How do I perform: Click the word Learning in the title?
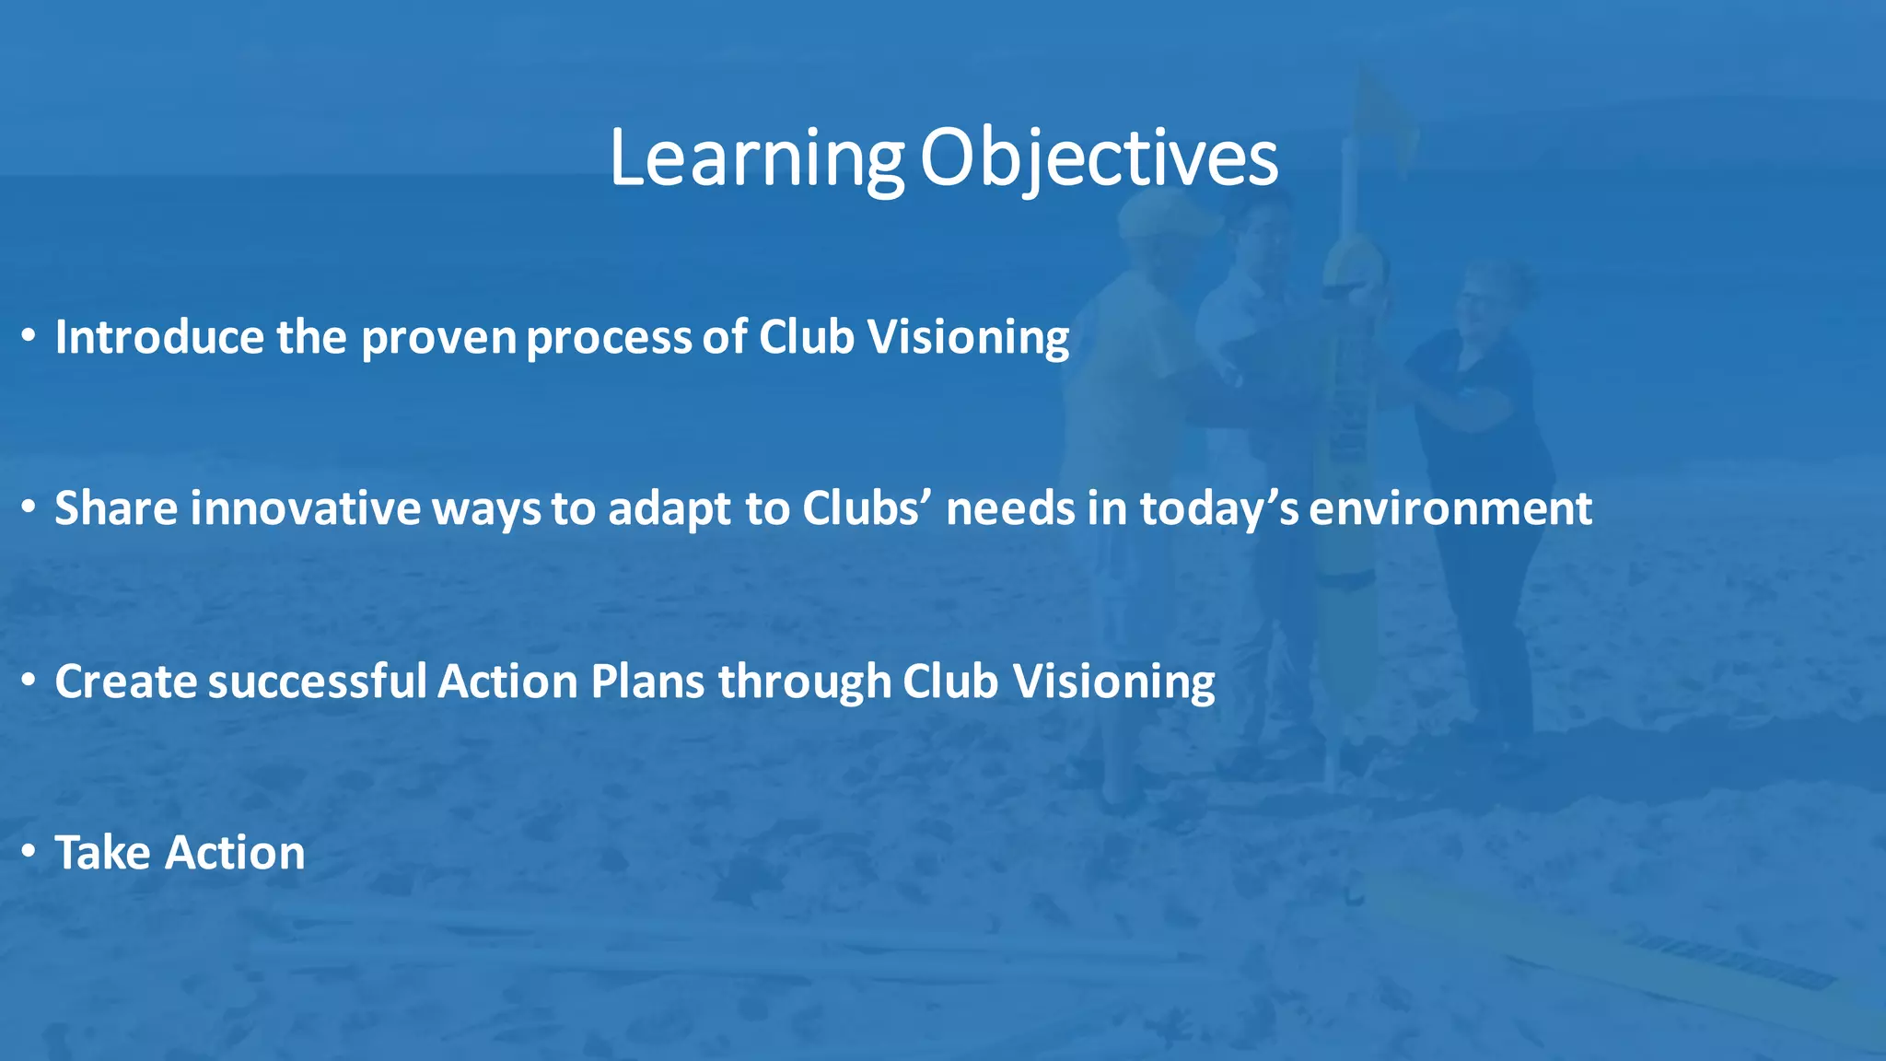(x=756, y=158)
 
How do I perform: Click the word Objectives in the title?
(x=1099, y=158)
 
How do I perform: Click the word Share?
(x=116, y=508)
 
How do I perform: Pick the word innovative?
(x=305, y=508)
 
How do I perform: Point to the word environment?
(x=1450, y=508)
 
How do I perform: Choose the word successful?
(x=318, y=682)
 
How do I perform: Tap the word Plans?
(x=647, y=682)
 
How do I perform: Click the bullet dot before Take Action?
(x=29, y=853)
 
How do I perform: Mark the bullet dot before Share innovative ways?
(x=29, y=508)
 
